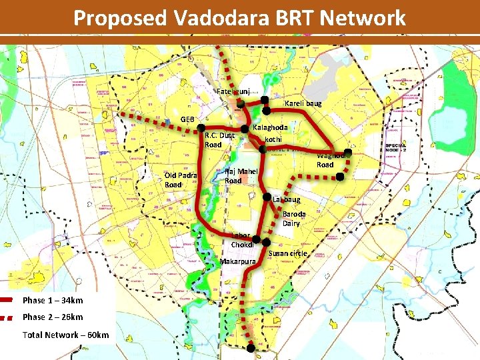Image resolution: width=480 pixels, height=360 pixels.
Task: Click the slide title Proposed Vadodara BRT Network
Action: coord(239,18)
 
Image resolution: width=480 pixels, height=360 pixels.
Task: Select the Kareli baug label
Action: coord(303,103)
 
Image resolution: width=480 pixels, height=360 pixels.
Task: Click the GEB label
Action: coord(187,119)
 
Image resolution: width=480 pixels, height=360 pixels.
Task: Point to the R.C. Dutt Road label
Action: coord(220,140)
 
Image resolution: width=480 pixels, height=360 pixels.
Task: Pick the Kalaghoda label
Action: coord(271,127)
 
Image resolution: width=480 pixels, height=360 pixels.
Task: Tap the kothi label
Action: coord(273,139)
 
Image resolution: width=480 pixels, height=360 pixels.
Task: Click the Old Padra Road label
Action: coord(180,179)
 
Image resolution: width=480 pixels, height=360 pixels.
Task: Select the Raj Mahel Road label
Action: coord(241,175)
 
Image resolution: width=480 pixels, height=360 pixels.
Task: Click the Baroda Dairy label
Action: coord(294,219)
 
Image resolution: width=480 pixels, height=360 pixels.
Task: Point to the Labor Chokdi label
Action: coord(241,240)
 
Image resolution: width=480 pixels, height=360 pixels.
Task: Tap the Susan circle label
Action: coord(288,253)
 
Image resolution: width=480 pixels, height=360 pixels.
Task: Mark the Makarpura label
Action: coord(238,261)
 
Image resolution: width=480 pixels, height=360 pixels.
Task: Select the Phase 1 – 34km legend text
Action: coord(53,300)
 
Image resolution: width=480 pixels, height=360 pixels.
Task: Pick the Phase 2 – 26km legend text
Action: coord(53,317)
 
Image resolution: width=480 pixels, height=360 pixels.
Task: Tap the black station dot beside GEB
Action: coord(200,129)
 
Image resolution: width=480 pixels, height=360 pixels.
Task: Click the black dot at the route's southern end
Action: coord(251,348)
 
